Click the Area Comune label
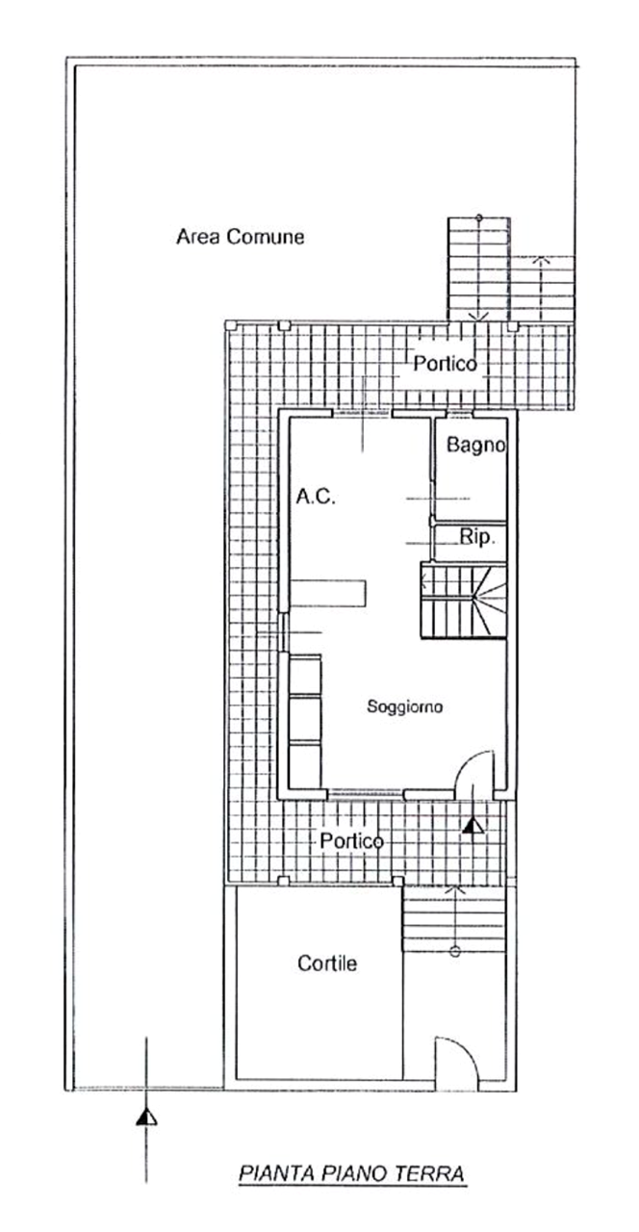tap(241, 237)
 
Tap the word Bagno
tap(475, 445)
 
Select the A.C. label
tap(316, 497)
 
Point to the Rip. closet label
tap(477, 537)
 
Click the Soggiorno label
tap(405, 706)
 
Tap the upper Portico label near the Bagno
tap(445, 364)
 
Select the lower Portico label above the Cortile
tap(352, 841)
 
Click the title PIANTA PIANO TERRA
tap(352, 1173)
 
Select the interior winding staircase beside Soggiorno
tap(464, 600)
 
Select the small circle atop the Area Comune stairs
tap(479, 218)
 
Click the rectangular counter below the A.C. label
tap(328, 593)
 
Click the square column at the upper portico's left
tap(284, 325)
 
